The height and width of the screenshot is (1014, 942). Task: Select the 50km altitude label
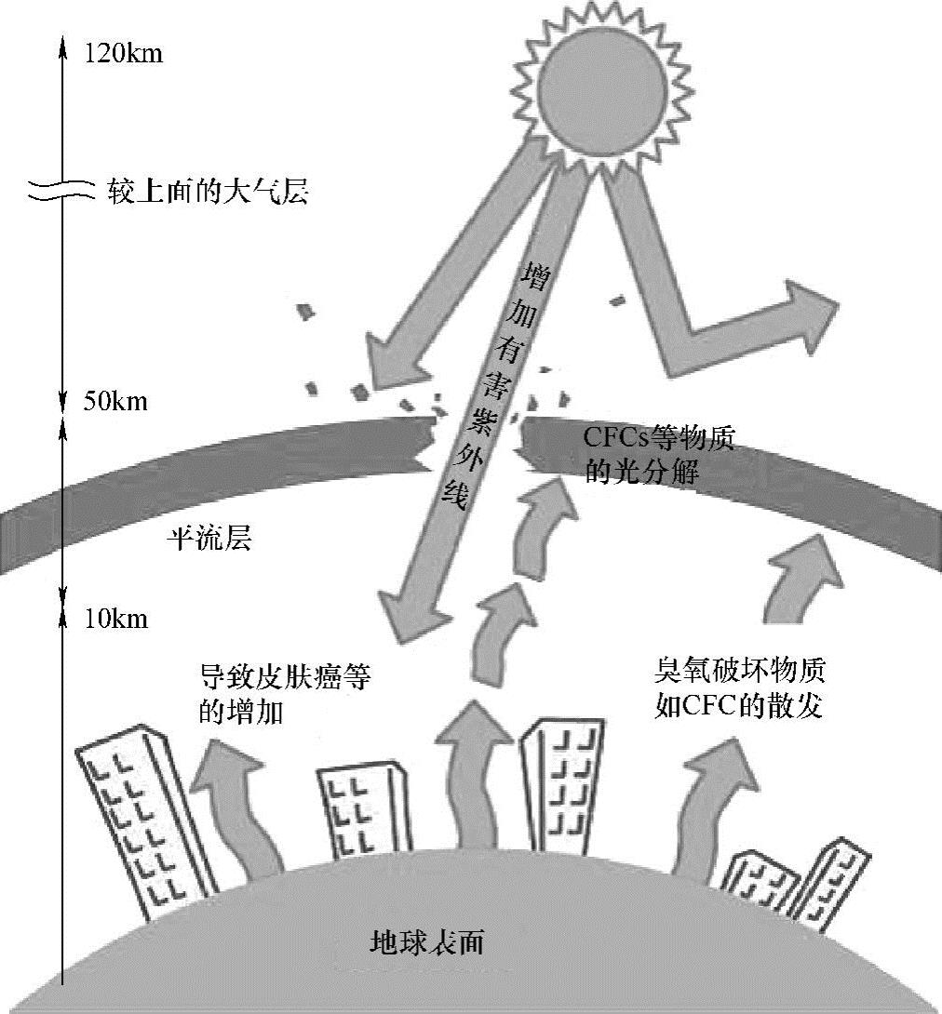pos(116,403)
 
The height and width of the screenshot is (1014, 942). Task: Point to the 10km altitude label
pos(116,620)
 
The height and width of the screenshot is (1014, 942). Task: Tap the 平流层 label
pos(209,539)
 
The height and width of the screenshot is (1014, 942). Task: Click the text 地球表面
pos(427,942)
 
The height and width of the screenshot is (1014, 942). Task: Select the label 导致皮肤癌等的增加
pos(285,694)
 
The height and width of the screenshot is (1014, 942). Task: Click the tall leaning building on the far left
pos(144,819)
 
